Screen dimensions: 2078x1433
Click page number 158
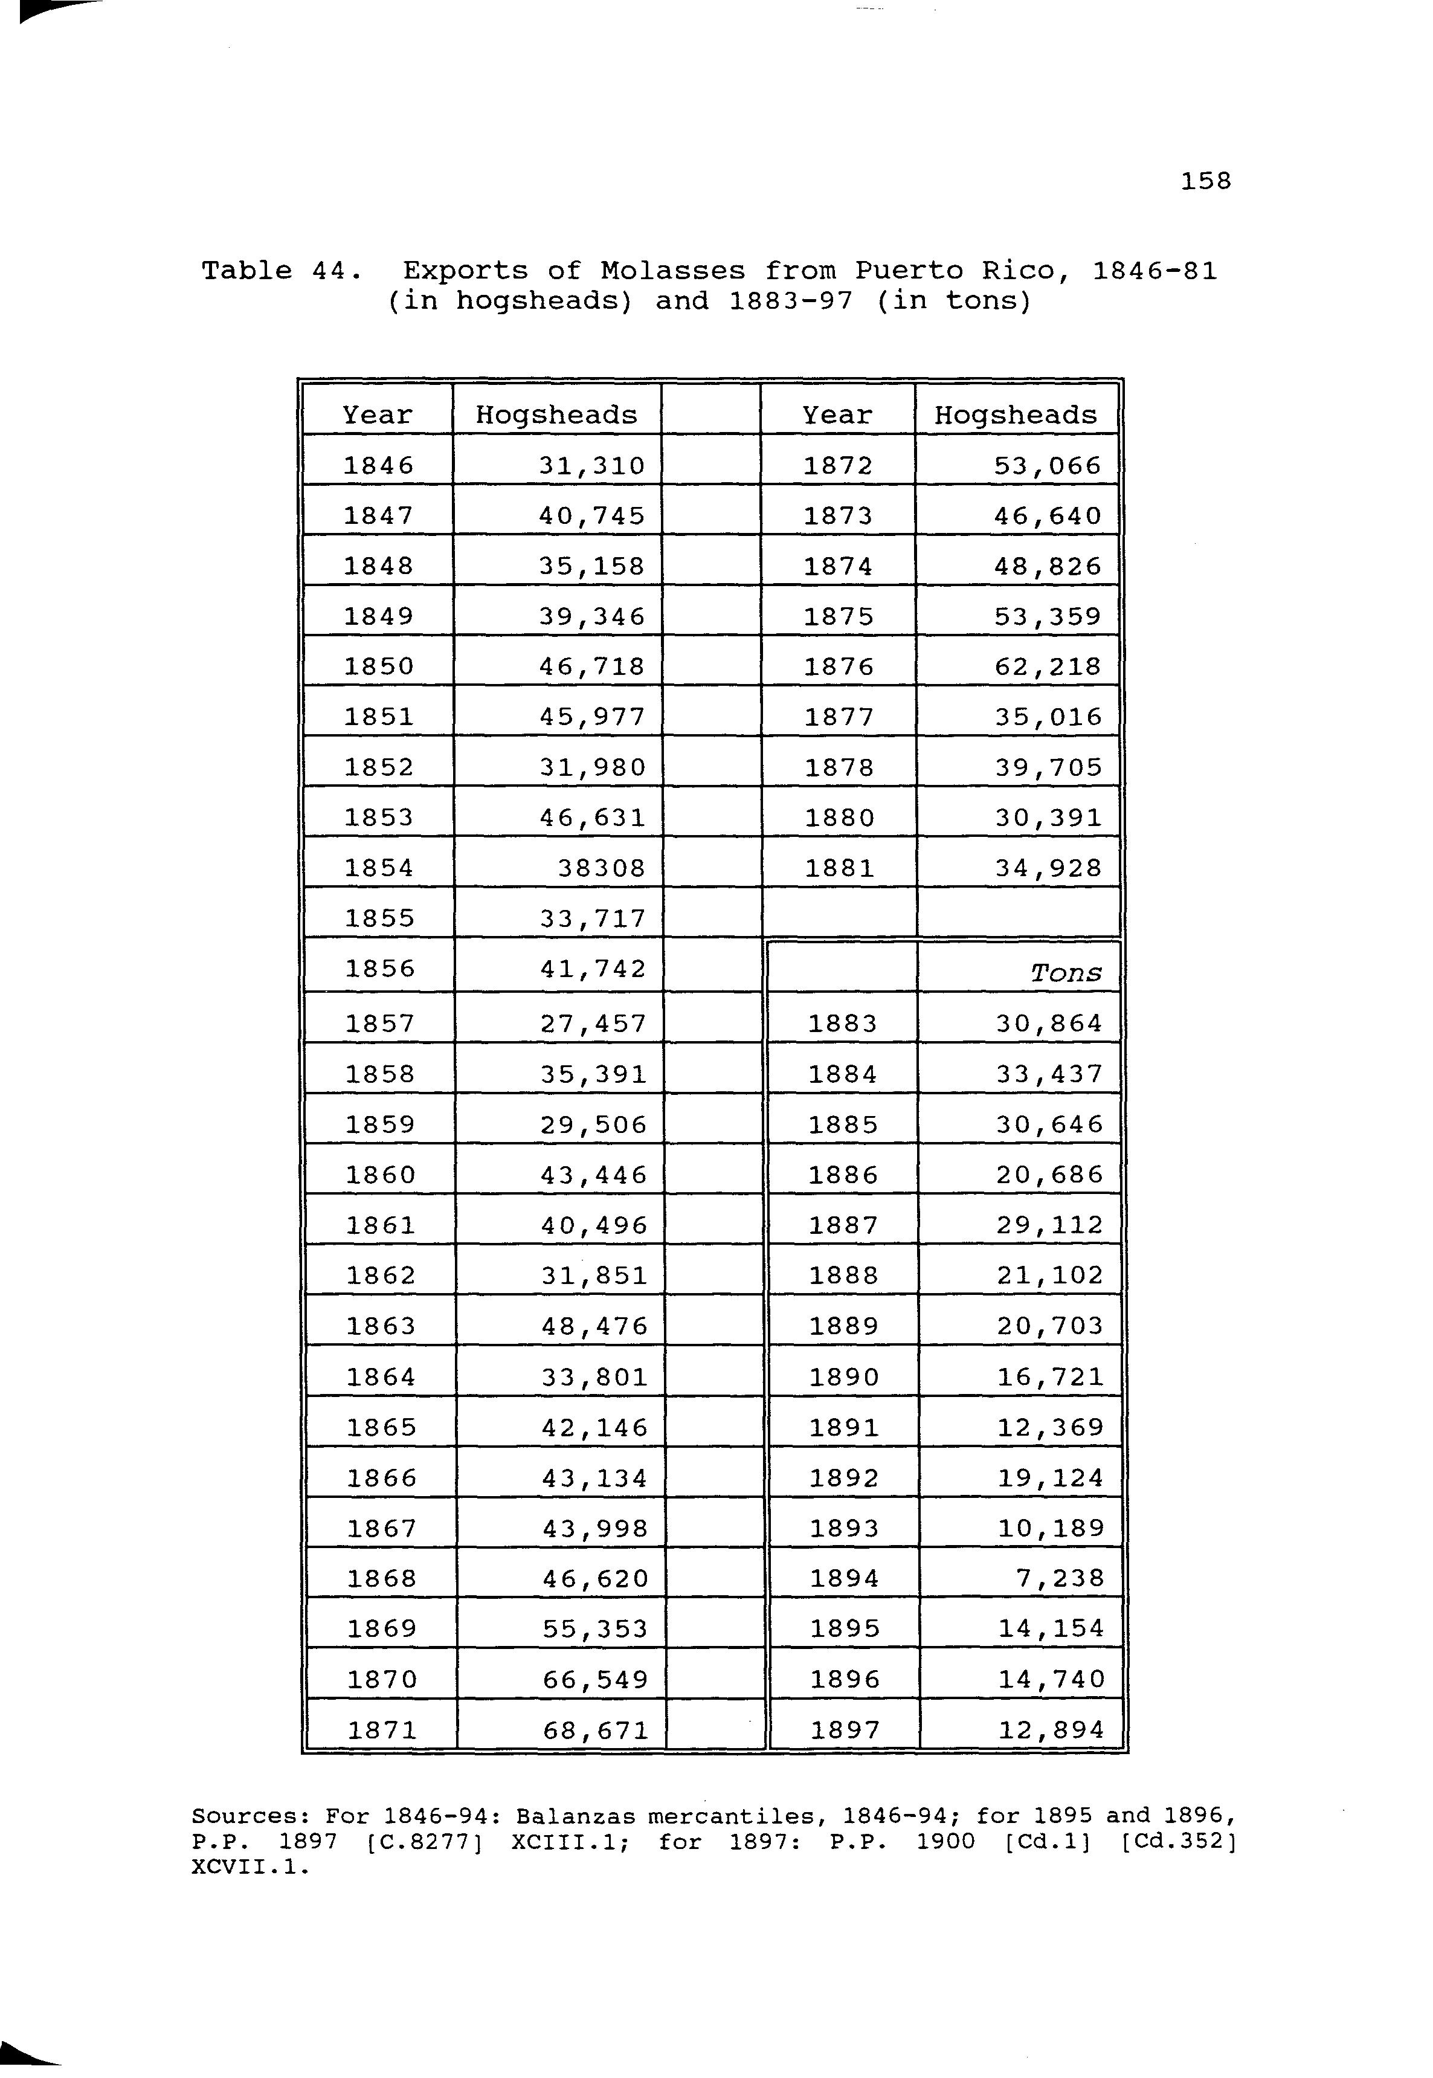coord(1205,181)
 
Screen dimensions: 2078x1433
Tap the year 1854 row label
coord(379,868)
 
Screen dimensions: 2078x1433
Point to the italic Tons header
coord(1066,973)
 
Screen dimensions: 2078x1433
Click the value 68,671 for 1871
coord(595,1729)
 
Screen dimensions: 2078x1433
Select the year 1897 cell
coord(844,1729)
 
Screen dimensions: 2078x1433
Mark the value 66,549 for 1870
coord(595,1679)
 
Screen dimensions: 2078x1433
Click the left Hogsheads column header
coord(556,415)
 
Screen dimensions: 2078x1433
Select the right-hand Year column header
coord(837,415)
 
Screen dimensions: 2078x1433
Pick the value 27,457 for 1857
coord(593,1024)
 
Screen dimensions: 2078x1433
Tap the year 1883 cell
coord(842,1024)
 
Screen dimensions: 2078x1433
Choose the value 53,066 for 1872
coord(1047,465)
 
